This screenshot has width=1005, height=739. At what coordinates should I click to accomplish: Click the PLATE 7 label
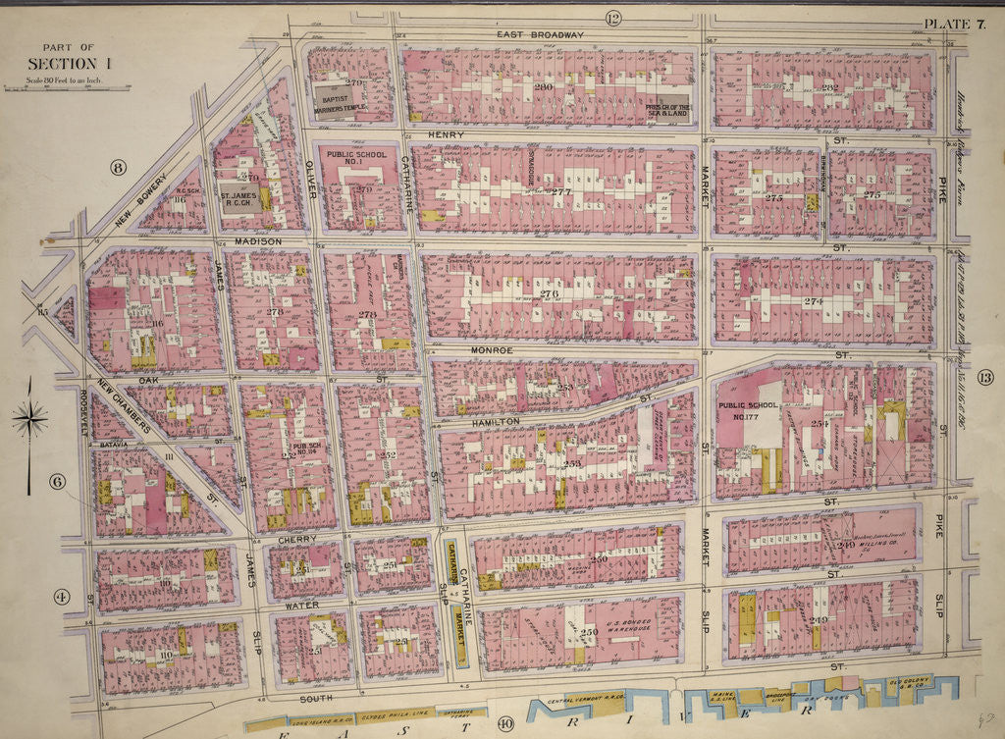coord(953,24)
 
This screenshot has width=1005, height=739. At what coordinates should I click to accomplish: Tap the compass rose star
coord(29,420)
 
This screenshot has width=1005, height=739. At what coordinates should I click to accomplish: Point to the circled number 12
coord(614,19)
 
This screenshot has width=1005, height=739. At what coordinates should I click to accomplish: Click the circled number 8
coord(119,167)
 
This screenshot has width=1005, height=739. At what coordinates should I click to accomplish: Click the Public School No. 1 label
coord(355,160)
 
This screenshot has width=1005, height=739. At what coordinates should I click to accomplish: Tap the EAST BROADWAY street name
coord(540,34)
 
